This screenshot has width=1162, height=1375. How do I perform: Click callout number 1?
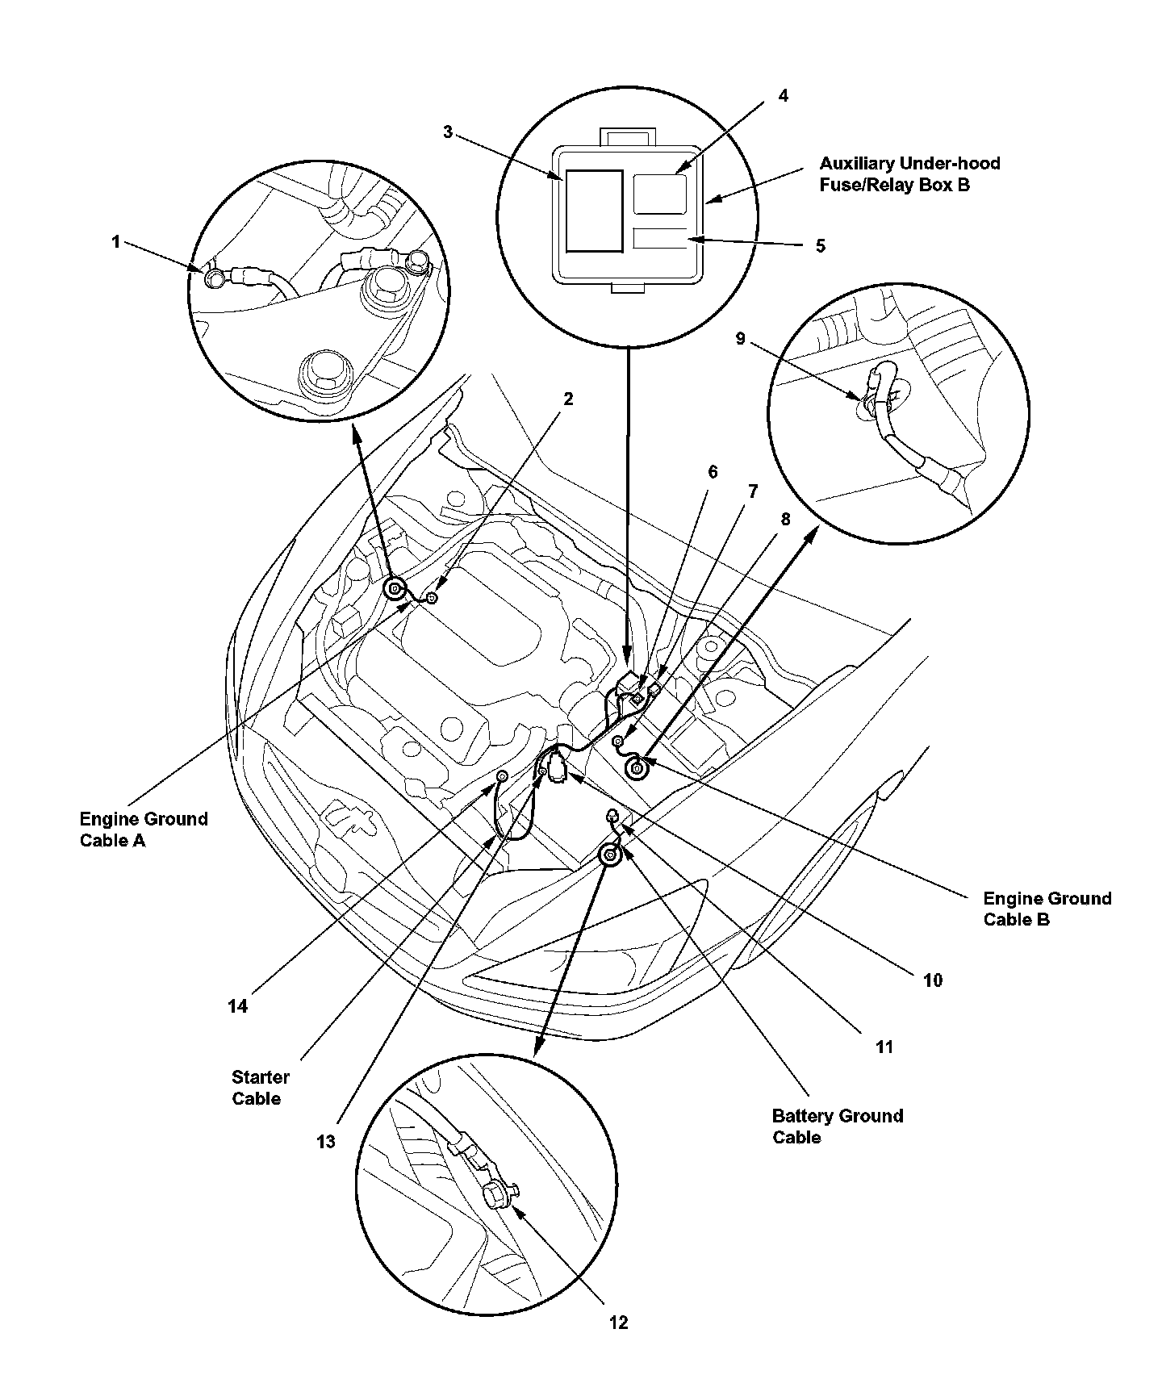click(116, 241)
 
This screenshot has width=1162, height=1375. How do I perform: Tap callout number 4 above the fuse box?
click(783, 96)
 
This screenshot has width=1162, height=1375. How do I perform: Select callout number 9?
click(741, 339)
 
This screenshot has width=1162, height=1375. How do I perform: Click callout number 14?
click(237, 1006)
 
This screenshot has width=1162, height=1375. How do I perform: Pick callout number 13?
click(326, 1142)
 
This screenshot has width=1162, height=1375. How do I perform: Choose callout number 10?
click(932, 980)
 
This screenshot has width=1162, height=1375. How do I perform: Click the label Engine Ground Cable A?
click(144, 830)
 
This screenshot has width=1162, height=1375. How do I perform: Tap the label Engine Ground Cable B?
click(1047, 909)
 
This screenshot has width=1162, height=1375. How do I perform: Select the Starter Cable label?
click(260, 1087)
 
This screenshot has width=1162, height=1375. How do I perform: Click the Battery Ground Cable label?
click(837, 1126)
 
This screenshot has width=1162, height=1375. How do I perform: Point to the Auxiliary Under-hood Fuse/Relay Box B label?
click(909, 174)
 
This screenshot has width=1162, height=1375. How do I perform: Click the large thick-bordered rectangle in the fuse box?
click(594, 211)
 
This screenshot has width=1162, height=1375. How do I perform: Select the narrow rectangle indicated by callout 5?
click(660, 239)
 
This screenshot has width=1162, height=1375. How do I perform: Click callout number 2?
click(568, 399)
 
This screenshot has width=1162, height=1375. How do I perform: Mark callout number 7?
click(753, 491)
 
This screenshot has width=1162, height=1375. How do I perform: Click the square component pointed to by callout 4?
click(660, 194)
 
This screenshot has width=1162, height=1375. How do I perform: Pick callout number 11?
click(884, 1047)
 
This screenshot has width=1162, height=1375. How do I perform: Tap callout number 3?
click(449, 132)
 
